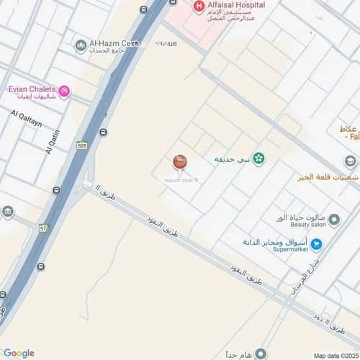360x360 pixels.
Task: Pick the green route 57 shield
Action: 43,228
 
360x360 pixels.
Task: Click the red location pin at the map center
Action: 180,162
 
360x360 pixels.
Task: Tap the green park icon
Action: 257,158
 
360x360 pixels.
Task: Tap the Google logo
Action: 19,353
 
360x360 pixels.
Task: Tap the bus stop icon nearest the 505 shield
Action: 104,132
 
